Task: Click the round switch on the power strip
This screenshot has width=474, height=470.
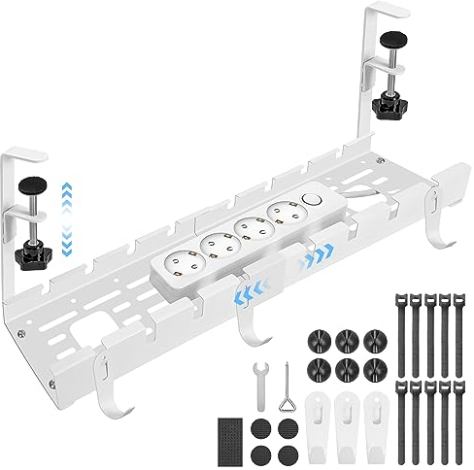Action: click(311, 199)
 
